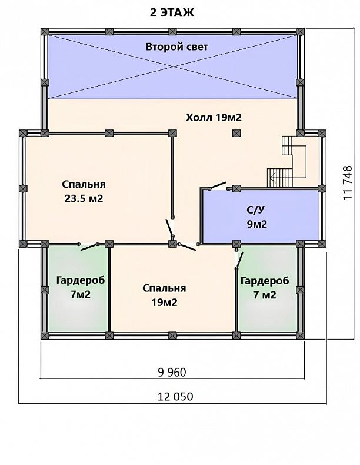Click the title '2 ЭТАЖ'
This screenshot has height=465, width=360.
tap(172, 13)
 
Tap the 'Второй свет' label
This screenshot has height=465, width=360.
tap(177, 47)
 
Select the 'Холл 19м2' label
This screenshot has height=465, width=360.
tap(214, 118)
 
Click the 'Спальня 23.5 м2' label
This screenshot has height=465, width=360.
tap(84, 191)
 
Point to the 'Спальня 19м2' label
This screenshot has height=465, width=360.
tap(164, 295)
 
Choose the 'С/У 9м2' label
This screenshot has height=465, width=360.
tap(257, 217)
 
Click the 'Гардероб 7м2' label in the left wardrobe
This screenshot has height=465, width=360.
tap(81, 287)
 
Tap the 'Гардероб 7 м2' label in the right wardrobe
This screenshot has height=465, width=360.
tap(265, 287)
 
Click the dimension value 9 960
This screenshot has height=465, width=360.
tap(172, 372)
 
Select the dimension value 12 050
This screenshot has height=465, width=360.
tap(175, 396)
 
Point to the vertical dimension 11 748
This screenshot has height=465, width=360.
tap(347, 182)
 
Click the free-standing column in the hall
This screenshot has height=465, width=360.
tap(236, 133)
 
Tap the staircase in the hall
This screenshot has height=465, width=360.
tap(287, 162)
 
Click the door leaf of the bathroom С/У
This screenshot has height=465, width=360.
tap(218, 186)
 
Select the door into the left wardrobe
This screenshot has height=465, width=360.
tap(89, 247)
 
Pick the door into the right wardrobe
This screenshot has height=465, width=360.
tap(239, 260)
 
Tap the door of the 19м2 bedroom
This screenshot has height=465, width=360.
tap(188, 247)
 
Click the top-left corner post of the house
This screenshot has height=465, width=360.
tap(45, 32)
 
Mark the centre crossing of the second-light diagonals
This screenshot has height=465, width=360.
tap(173, 67)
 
